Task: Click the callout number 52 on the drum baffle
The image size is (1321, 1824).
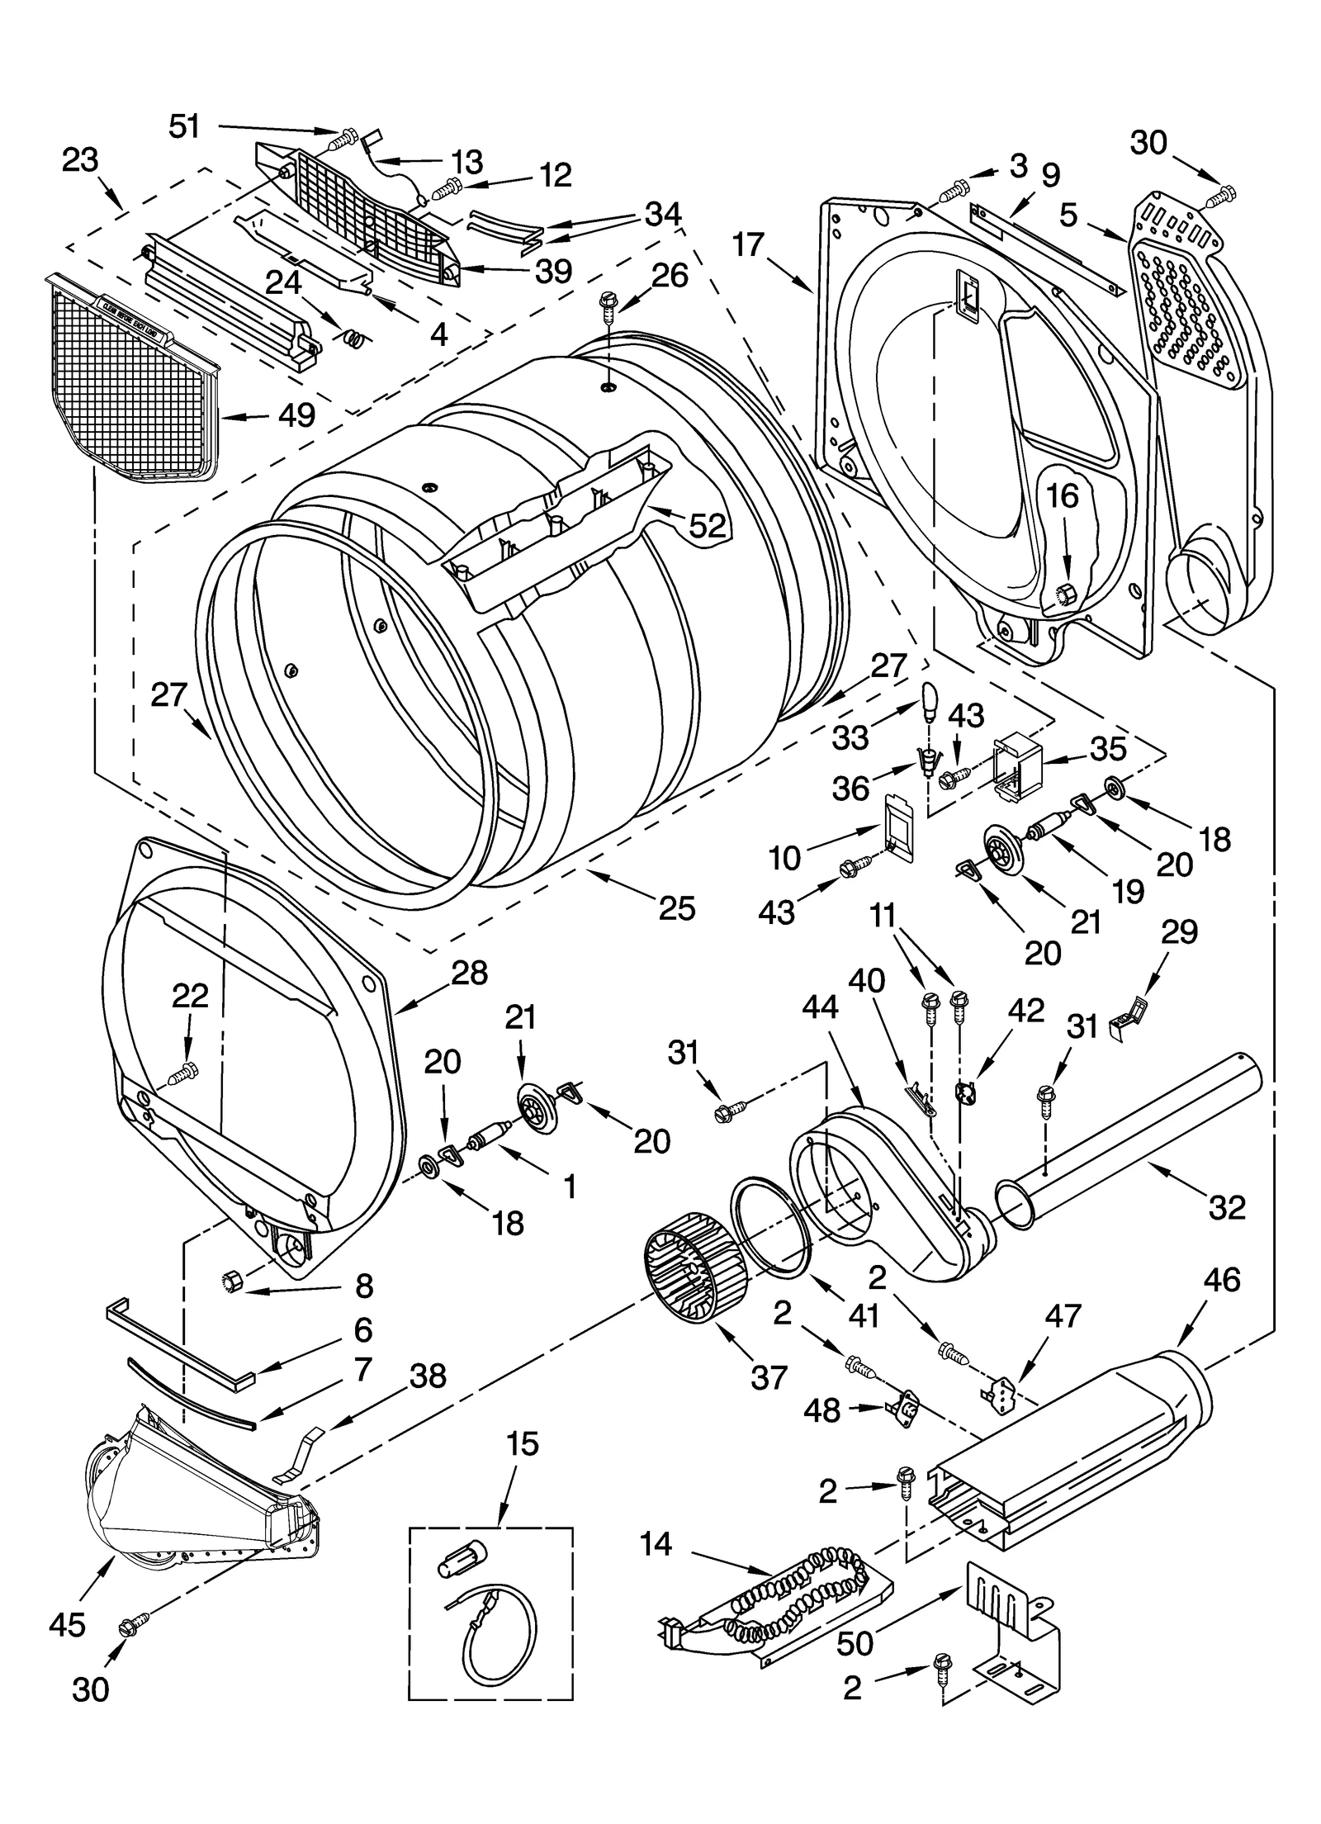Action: point(708,525)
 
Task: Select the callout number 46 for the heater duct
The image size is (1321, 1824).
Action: point(1221,1280)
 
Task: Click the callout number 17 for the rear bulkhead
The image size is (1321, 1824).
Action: point(749,244)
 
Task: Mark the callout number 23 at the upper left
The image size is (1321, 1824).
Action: point(80,159)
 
